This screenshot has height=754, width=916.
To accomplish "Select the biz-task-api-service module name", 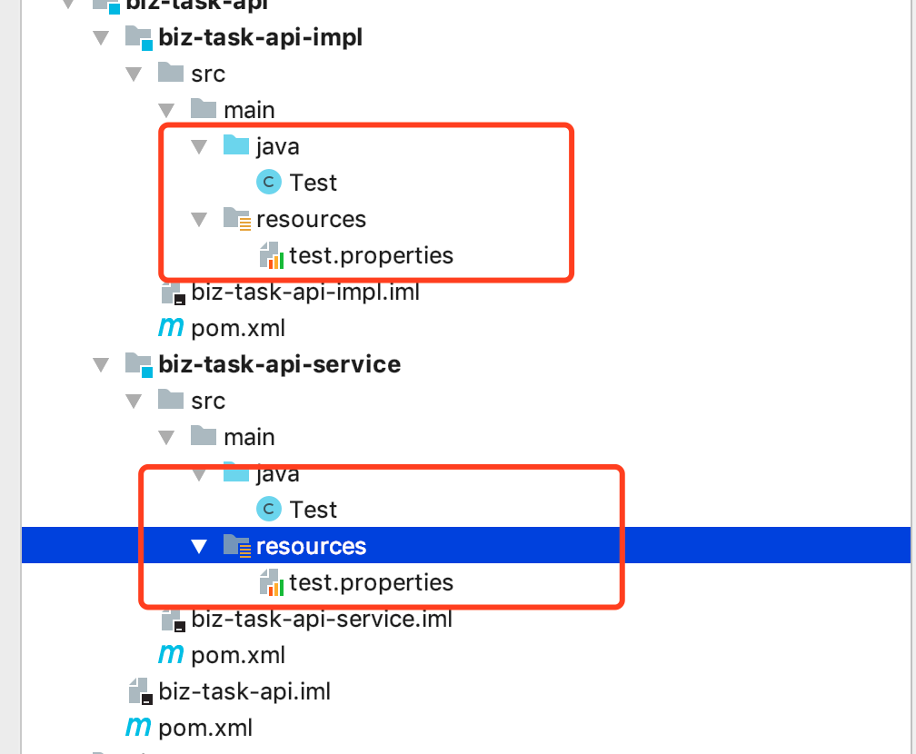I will [x=279, y=364].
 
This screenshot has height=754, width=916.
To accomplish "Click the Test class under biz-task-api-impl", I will [x=314, y=183].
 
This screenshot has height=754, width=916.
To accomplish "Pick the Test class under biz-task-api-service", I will [x=314, y=510].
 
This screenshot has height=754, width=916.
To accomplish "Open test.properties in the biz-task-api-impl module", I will [x=371, y=255].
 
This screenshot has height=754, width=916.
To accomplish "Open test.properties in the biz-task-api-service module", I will [x=371, y=582].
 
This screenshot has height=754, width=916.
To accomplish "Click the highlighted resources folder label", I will [x=311, y=546].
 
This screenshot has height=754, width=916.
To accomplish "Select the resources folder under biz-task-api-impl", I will [x=311, y=219].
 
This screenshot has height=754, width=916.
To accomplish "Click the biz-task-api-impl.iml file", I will [x=305, y=293].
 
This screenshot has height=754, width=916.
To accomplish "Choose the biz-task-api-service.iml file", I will [x=322, y=620].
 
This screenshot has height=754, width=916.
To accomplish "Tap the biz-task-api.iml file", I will [x=244, y=691].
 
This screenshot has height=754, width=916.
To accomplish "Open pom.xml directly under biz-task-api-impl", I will [x=238, y=328].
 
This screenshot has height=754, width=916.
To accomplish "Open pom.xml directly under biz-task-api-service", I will [x=238, y=655].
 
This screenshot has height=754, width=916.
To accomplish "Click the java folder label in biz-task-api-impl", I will [x=278, y=146].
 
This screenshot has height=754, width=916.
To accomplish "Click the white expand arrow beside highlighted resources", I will [x=199, y=546].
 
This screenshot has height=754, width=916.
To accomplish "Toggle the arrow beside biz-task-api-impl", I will [x=100, y=38].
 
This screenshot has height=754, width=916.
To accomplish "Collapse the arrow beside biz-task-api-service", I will [x=100, y=365].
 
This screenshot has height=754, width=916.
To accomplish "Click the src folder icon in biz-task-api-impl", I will [x=170, y=73].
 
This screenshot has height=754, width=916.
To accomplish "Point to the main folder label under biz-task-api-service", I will [x=249, y=437].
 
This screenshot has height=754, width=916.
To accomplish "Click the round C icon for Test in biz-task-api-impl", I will [x=269, y=183].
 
